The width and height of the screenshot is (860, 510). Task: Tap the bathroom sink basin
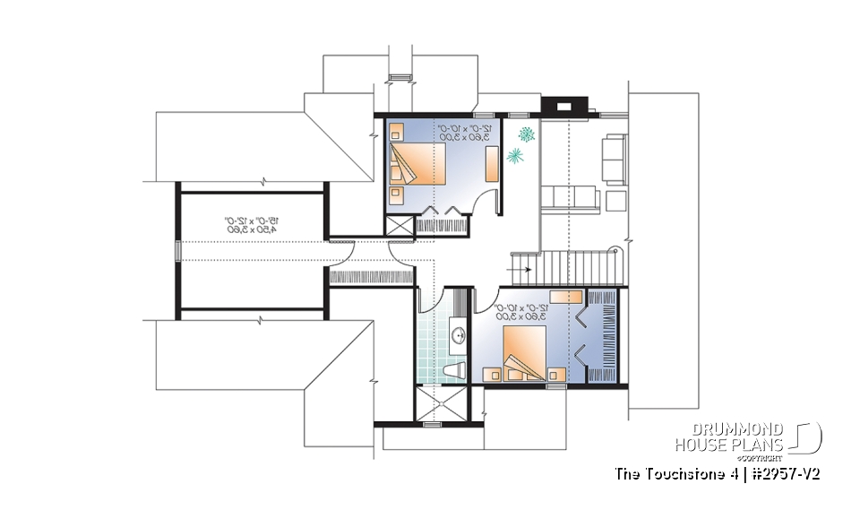pyautogui.click(x=459, y=337)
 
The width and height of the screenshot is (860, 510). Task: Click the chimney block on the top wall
pyautogui.click(x=564, y=106)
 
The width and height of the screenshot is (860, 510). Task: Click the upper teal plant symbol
pyautogui.click(x=527, y=134)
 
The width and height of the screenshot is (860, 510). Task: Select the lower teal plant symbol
pyautogui.click(x=515, y=157)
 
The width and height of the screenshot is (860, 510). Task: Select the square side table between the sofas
pyautogui.click(x=615, y=198)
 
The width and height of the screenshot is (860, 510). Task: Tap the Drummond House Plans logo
pyautogui.click(x=747, y=437)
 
